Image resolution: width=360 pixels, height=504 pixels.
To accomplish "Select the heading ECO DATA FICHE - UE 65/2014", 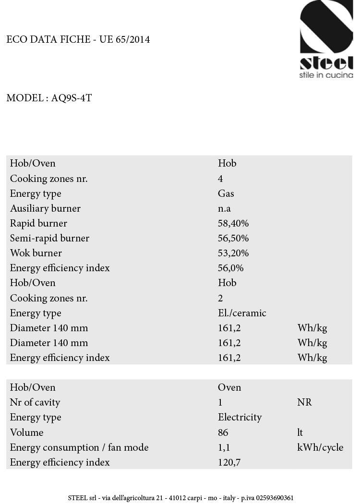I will pos(78,39).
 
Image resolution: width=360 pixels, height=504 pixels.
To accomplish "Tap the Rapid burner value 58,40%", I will pos(233,223).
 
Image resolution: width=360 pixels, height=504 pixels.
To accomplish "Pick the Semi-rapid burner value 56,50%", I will pos(233,238).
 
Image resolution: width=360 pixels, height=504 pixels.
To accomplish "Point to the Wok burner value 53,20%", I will pos(233,253).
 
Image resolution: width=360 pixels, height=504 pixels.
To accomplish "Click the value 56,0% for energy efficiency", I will pos(230,268).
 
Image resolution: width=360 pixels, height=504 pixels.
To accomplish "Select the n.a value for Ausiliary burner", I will pos(225,208).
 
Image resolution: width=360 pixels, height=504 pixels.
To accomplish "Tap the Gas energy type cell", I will pos(226,193).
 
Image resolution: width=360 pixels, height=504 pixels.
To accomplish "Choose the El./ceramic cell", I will pos(242,313).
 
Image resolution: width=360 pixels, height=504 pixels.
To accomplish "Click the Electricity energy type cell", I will pos(240,417).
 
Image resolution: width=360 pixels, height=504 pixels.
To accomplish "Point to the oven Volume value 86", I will pos(223,432).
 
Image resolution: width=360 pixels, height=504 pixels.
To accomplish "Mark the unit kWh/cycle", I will pos(320,447).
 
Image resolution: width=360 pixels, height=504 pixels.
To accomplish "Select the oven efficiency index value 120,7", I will pos(231,462).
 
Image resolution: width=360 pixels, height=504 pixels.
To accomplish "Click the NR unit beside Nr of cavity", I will pos(304,402).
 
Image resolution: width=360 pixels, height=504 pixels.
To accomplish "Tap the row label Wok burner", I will pos(36,253).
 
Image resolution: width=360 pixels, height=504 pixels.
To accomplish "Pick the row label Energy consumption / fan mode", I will pos(79,447).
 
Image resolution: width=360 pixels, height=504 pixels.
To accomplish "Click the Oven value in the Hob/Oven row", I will pos(229,387).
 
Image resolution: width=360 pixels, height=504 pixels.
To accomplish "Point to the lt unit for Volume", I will pos(300,432).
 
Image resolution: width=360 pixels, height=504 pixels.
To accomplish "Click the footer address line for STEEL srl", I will pos(181,498).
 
